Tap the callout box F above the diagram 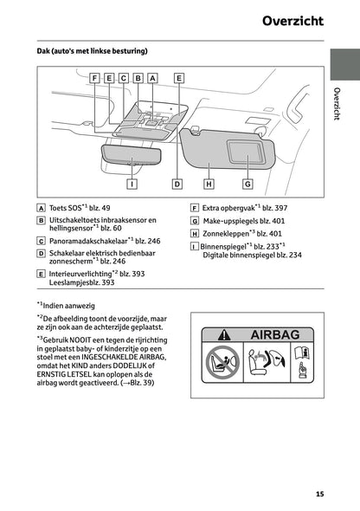pyautogui.click(x=94, y=78)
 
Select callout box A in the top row pyautogui.click(x=152, y=78)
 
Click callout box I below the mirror pyautogui.click(x=132, y=183)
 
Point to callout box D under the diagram pyautogui.click(x=177, y=183)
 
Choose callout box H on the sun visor pyautogui.click(x=209, y=183)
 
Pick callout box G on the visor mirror pyautogui.click(x=247, y=183)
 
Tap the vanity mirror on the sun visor pyautogui.click(x=250, y=159)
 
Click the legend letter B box pyautogui.click(x=42, y=221)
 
